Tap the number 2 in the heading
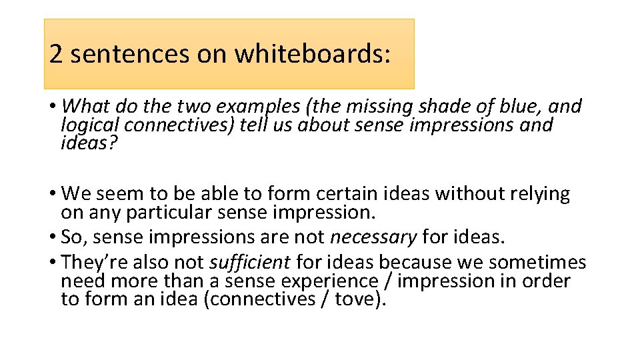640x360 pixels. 56,54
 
